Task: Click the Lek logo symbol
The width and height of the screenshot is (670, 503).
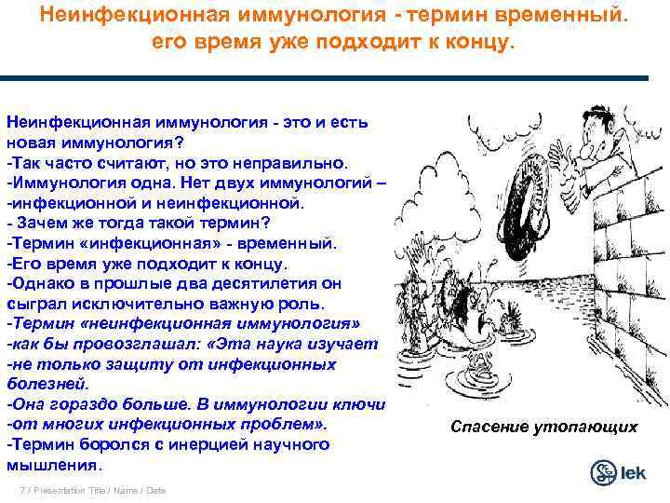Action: pyautogui.click(x=605, y=470)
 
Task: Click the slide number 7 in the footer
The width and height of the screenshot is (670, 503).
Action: pyautogui.click(x=21, y=490)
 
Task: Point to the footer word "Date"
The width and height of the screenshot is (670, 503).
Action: pyautogui.click(x=155, y=490)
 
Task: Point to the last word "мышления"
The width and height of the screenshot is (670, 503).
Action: pyautogui.click(x=53, y=464)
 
